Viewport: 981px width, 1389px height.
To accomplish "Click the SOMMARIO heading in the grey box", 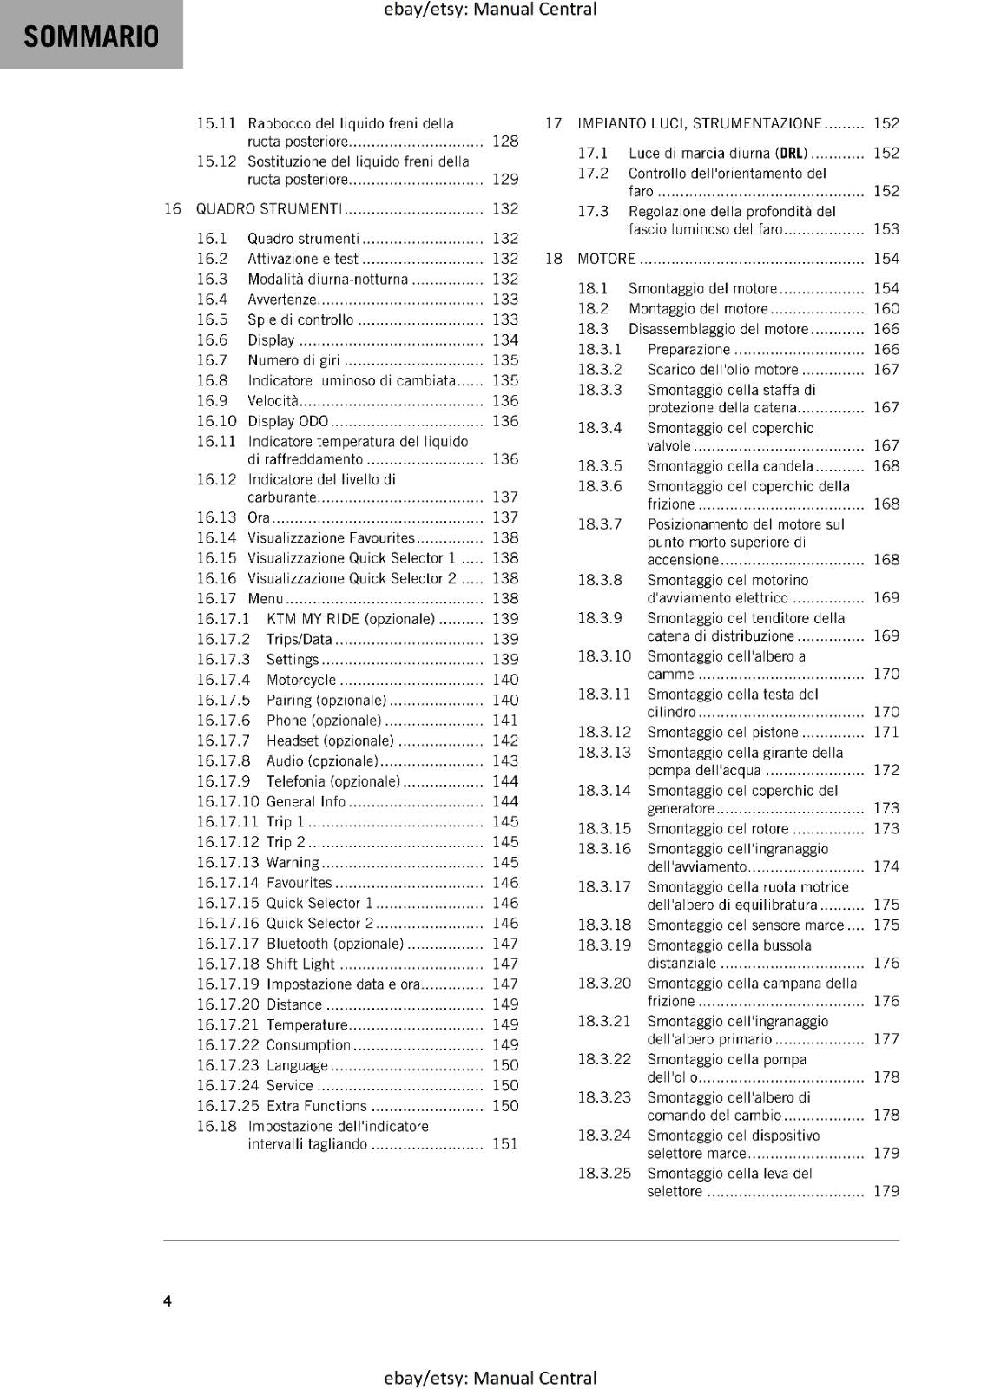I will (91, 36).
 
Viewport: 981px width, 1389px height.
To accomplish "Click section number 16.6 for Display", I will (212, 340).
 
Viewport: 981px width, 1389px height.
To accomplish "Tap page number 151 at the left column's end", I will (504, 1144).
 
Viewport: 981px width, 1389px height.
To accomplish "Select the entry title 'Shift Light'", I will (300, 964).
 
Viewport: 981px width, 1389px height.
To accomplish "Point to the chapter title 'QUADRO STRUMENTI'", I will (268, 208).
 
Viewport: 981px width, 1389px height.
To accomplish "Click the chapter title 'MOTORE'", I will (606, 259).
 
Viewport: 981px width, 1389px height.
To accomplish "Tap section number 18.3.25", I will (604, 1174).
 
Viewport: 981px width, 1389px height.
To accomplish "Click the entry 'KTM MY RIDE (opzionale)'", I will (350, 619).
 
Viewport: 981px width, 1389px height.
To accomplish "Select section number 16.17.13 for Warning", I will (227, 862).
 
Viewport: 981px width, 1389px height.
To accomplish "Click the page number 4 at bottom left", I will (168, 1300).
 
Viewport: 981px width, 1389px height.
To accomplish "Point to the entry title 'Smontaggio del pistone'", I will (722, 732).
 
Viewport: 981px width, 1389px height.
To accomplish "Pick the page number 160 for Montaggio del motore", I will (886, 308).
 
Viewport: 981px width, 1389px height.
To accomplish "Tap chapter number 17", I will (553, 123).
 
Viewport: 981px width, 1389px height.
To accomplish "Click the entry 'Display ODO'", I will (288, 421).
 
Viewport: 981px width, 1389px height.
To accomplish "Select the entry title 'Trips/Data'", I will (299, 639).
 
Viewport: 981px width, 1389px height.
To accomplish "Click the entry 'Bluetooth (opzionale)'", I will (334, 944).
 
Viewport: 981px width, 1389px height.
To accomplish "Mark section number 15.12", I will (216, 161).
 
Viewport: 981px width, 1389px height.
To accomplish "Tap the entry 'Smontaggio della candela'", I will (730, 466).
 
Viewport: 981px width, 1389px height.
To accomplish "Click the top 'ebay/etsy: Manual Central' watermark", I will (490, 10).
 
